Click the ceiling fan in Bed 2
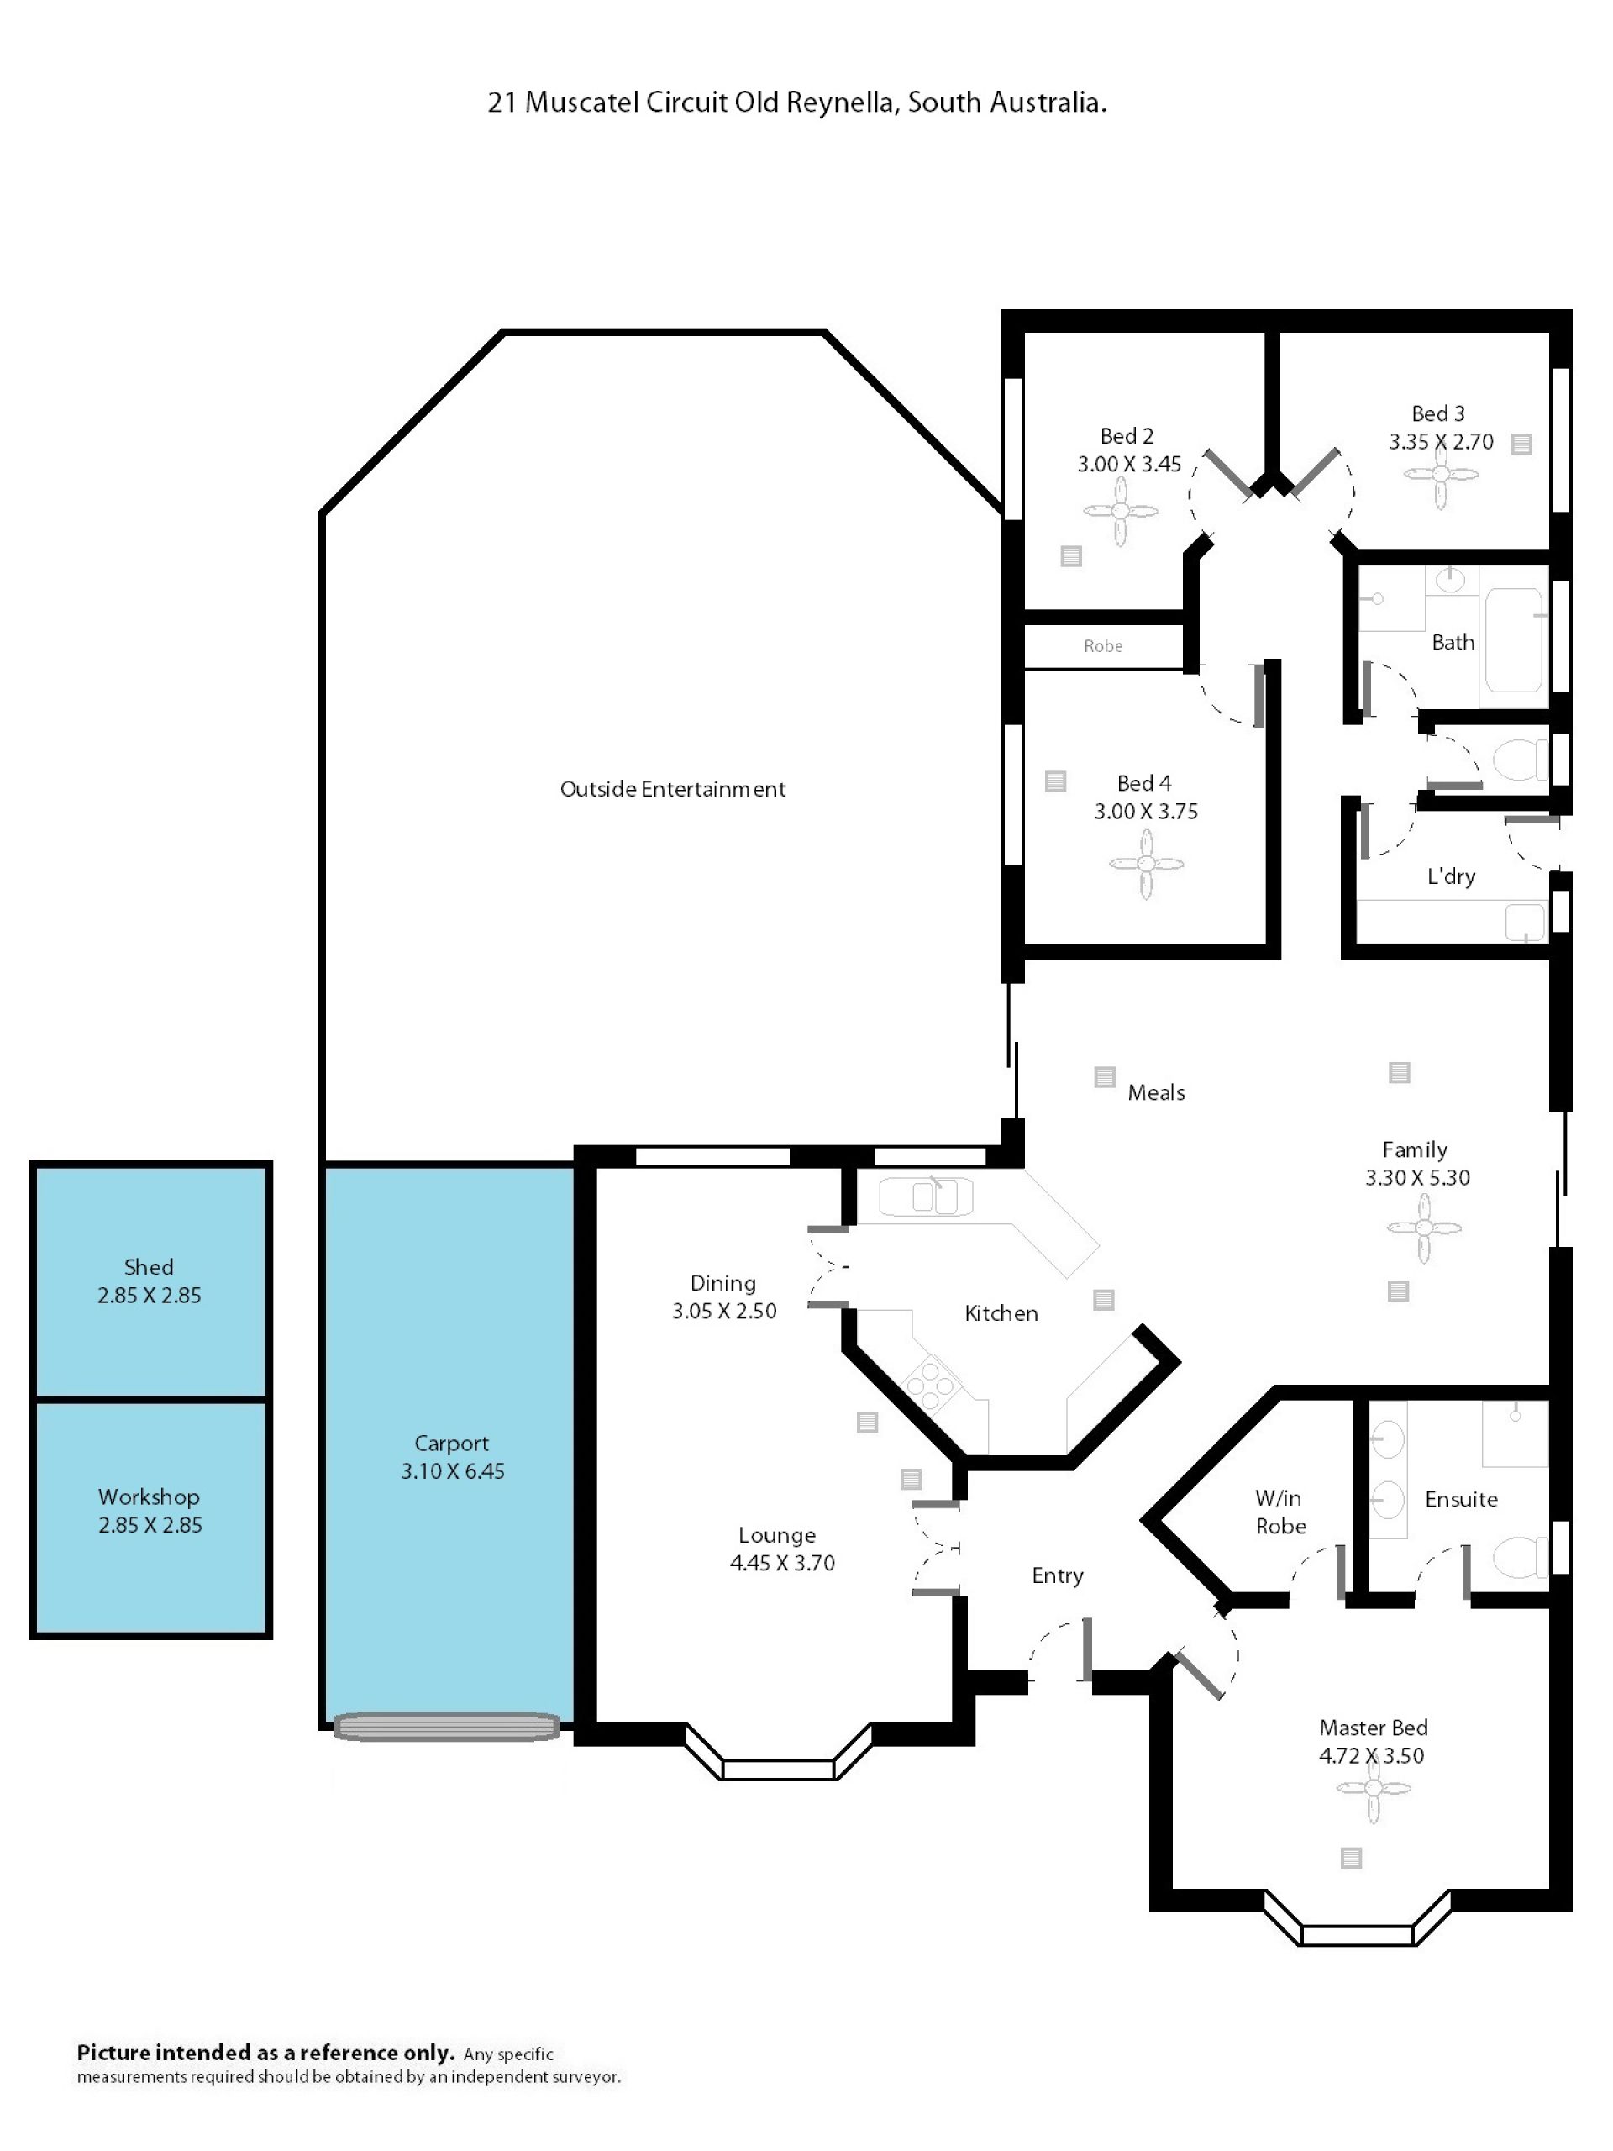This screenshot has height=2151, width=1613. pyautogui.click(x=1120, y=512)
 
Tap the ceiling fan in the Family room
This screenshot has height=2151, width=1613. pyautogui.click(x=1423, y=1228)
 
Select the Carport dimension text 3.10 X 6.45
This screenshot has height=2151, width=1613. pyautogui.click(x=452, y=1470)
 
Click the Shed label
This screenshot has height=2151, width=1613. pyautogui.click(x=149, y=1267)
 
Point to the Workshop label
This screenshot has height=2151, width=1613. pyautogui.click(x=149, y=1496)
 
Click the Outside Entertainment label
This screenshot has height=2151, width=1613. pyautogui.click(x=672, y=789)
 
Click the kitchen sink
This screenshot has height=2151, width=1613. pyautogui.click(x=926, y=1197)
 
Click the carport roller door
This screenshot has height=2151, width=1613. pyautogui.click(x=447, y=1727)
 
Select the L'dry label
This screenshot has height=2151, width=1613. pyautogui.click(x=1451, y=876)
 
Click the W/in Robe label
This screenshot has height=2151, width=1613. pyautogui.click(x=1279, y=1512)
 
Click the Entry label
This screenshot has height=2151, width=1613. pyautogui.click(x=1057, y=1575)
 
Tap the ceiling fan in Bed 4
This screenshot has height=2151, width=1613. pyautogui.click(x=1146, y=864)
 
